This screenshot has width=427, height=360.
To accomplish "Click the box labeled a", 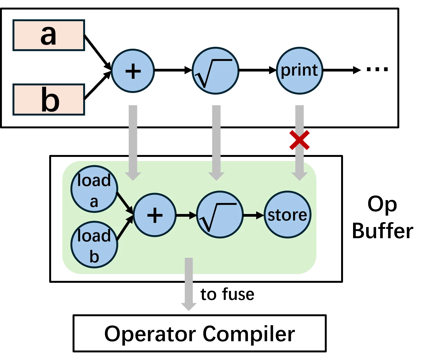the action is pos(49,35).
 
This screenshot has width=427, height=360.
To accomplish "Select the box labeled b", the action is pos(49,100).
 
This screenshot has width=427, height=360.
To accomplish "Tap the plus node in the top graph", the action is pos(133,71).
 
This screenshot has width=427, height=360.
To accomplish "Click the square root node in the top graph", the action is pos(216,71).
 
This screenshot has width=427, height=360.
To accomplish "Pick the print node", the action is pos(300,71).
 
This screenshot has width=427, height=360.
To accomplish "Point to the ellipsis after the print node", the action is pos(377,69).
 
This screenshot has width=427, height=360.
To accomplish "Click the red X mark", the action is pos(300,140).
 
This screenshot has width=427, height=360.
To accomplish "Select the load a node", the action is pos(94,189).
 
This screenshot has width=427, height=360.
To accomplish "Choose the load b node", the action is pos(94,245).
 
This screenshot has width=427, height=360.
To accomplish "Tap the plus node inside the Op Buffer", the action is pos(155,215).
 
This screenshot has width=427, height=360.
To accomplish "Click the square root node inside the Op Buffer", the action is pos(220,215).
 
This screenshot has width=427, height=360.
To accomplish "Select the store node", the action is pos(288,215).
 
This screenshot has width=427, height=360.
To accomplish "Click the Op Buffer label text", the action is pos(382,218).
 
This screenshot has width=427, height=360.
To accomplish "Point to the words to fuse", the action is pos(227,294).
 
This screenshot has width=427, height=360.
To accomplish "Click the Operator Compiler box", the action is pos(200,333).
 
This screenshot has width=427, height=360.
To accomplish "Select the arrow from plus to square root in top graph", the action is pos(173,70).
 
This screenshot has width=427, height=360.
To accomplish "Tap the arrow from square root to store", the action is pos(254,215).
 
